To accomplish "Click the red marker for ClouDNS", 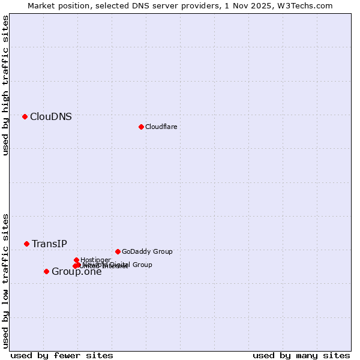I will tap(25, 116).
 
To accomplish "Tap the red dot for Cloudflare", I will tap(141, 127).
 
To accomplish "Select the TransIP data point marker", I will tap(26, 244).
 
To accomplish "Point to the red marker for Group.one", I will tap(46, 271).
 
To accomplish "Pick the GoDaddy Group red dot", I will tap(118, 251).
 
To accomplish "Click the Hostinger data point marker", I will tap(76, 260).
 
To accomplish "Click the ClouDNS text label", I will tap(51, 117).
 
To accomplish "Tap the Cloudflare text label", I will tap(161, 127).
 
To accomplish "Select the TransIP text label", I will tap(49, 244).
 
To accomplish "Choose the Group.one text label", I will tap(76, 272).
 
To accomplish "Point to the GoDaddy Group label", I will tap(147, 251).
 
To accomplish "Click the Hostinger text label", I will tap(95, 260).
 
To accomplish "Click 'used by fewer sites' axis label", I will tap(62, 355).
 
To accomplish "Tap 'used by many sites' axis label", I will tap(301, 355).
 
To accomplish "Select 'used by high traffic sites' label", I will tap(5, 85).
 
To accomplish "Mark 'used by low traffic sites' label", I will tap(5, 280).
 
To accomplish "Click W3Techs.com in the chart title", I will tap(308, 6).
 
